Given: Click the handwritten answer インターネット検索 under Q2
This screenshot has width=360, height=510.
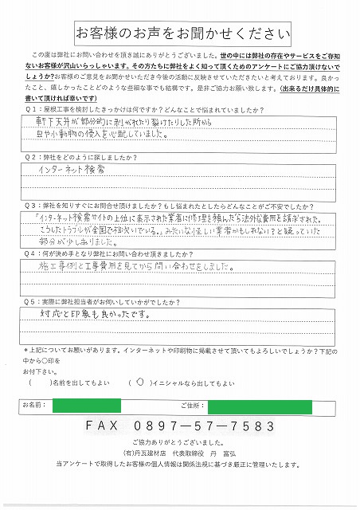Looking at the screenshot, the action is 76,171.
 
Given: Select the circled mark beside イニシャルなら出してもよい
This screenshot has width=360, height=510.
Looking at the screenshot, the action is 141,382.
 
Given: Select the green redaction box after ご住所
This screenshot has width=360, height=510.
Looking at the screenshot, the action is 259,406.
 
